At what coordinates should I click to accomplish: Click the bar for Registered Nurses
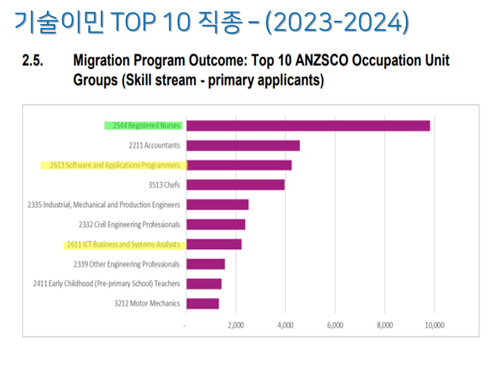click(x=308, y=126)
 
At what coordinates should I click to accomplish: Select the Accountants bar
click(x=243, y=145)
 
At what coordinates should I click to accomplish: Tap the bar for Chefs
click(x=235, y=185)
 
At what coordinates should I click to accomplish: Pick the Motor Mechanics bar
click(x=202, y=303)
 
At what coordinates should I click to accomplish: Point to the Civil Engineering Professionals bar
click(x=215, y=224)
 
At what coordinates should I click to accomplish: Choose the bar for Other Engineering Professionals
click(x=205, y=264)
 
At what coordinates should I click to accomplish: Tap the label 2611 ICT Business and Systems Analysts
click(x=123, y=244)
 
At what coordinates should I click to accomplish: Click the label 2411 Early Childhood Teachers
click(x=106, y=284)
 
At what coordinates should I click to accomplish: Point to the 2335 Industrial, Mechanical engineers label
click(x=103, y=205)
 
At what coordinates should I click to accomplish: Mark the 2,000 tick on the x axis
click(x=235, y=326)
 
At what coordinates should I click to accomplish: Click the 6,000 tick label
click(x=335, y=326)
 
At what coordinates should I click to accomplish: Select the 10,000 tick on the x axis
click(x=434, y=326)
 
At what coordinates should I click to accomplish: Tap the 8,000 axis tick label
click(x=385, y=326)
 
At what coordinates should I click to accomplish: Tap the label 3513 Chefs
click(x=164, y=185)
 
